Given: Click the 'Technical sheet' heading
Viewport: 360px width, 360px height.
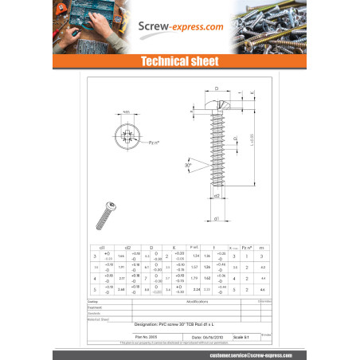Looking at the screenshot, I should tap(179, 61).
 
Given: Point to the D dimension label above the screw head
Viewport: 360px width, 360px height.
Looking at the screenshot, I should tap(216, 89).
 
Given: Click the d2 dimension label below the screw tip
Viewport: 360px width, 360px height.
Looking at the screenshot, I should tap(217, 195).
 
